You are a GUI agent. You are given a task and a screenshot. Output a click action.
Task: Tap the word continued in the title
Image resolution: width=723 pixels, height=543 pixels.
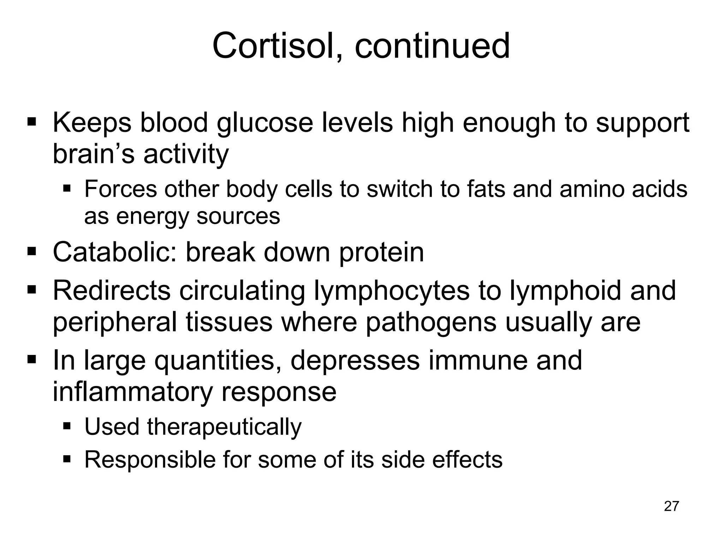(x=432, y=46)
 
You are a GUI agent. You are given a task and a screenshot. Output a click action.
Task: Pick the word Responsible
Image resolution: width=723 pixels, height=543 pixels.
(x=149, y=460)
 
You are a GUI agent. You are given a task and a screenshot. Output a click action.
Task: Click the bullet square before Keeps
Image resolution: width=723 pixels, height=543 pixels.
(x=32, y=122)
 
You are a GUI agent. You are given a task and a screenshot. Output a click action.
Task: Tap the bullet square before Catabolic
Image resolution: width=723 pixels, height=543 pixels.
(x=32, y=252)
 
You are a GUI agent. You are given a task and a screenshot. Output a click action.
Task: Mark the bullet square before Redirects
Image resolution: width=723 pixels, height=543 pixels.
(x=32, y=290)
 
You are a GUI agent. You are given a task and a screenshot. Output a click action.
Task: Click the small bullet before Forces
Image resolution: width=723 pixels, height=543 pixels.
(x=67, y=188)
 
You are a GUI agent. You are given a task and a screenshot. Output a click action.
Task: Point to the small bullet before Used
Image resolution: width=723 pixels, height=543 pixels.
(x=67, y=426)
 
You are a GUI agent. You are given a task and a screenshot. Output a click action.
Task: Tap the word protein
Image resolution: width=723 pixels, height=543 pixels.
(x=381, y=253)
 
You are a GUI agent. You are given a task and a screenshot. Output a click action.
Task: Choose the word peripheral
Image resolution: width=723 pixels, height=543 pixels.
(x=115, y=322)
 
